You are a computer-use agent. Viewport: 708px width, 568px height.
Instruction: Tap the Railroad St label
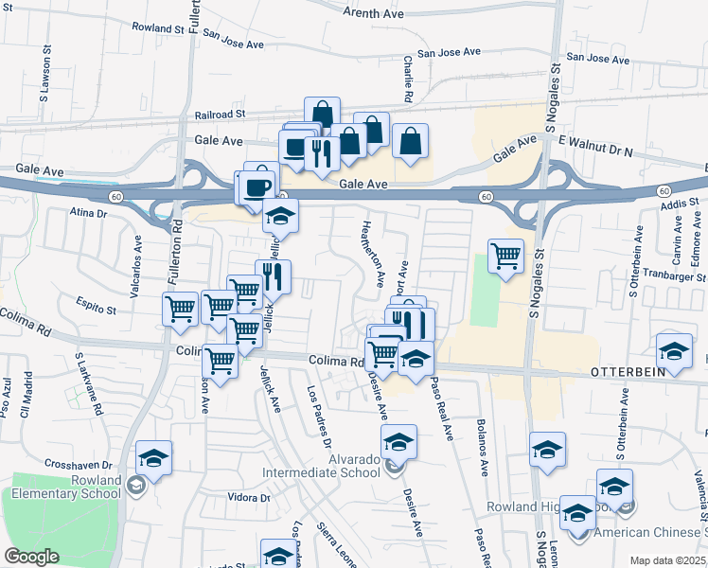tap(221, 113)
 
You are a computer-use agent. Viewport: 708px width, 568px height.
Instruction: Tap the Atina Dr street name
tap(88, 213)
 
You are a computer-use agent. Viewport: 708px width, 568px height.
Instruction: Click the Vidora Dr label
tap(250, 497)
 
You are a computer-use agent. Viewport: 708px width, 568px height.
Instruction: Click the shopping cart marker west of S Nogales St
tap(505, 255)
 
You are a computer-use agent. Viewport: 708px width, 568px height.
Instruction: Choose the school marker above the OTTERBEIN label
tap(673, 351)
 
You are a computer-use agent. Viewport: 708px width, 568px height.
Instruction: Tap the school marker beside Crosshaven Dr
tap(153, 458)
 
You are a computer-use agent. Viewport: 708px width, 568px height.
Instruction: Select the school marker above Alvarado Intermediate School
tap(398, 441)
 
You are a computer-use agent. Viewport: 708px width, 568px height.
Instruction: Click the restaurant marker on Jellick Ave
tap(273, 276)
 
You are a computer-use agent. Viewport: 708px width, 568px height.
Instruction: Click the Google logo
tap(31, 557)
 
